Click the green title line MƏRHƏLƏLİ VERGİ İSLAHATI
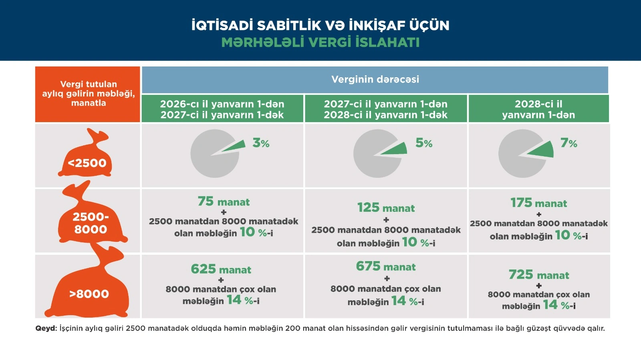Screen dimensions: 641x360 tap(320, 42)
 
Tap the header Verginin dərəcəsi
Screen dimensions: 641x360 tap(375, 79)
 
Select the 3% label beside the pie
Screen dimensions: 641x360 tap(261, 143)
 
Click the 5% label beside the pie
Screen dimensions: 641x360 tap(424, 143)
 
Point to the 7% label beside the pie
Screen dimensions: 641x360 tap(568, 143)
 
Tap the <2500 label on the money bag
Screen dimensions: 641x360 tap(87, 163)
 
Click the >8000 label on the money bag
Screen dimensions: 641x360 tap(89, 294)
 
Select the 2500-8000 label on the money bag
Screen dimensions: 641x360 tap(91, 223)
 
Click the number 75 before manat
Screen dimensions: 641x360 tap(206, 201)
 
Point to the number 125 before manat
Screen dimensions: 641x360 tap(368, 207)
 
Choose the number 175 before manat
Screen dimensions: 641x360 tap(521, 203)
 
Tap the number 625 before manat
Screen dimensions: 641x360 tap(203, 269)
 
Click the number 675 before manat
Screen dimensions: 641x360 tap(368, 266)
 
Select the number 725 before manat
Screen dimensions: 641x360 tap(521, 274)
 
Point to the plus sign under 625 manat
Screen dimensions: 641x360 tap(221, 280)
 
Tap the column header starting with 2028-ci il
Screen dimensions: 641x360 tap(538, 109)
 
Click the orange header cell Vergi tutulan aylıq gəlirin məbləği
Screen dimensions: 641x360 tap(88, 95)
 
